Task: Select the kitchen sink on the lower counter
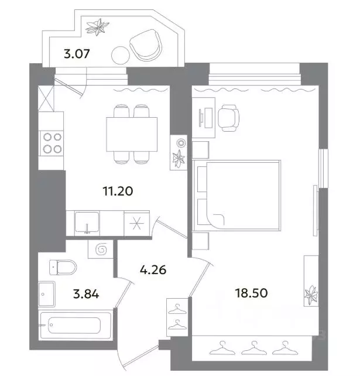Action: coord(87,224)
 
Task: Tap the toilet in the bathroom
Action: coord(63,268)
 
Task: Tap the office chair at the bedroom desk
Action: coord(229,117)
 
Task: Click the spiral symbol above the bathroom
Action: coord(100,249)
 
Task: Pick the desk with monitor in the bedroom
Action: coord(205,116)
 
